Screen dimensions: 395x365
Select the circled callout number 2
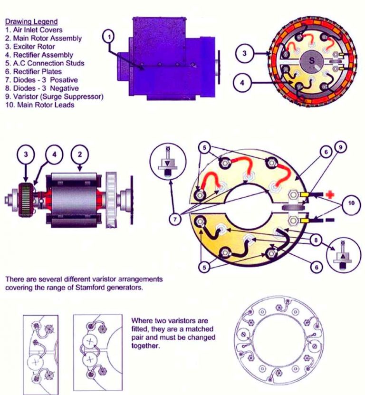(78, 154)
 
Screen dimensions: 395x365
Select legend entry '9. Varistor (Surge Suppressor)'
(55, 96)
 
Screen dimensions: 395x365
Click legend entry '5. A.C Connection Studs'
(45, 63)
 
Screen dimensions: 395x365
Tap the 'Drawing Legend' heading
(31, 21)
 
